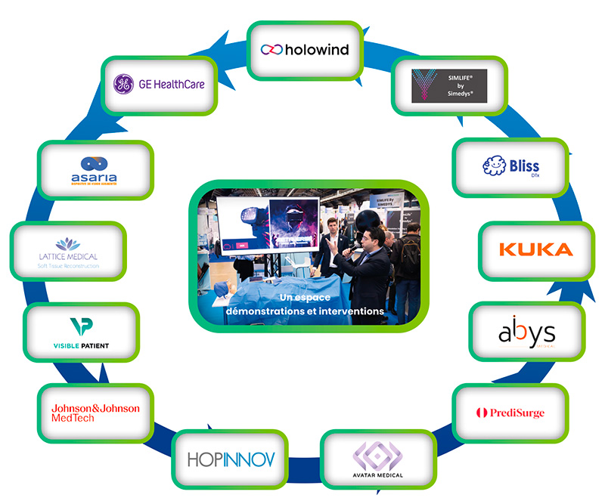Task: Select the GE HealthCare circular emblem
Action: [x=123, y=85]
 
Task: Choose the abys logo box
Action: [x=526, y=332]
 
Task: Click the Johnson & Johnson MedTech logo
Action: [x=95, y=413]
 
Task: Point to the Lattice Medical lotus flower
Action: [x=69, y=243]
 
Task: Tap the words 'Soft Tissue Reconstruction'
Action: [x=69, y=267]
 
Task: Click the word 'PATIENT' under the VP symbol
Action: [x=94, y=346]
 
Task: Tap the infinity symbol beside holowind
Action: [x=271, y=50]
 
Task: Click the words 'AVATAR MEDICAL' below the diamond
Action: [x=377, y=475]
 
